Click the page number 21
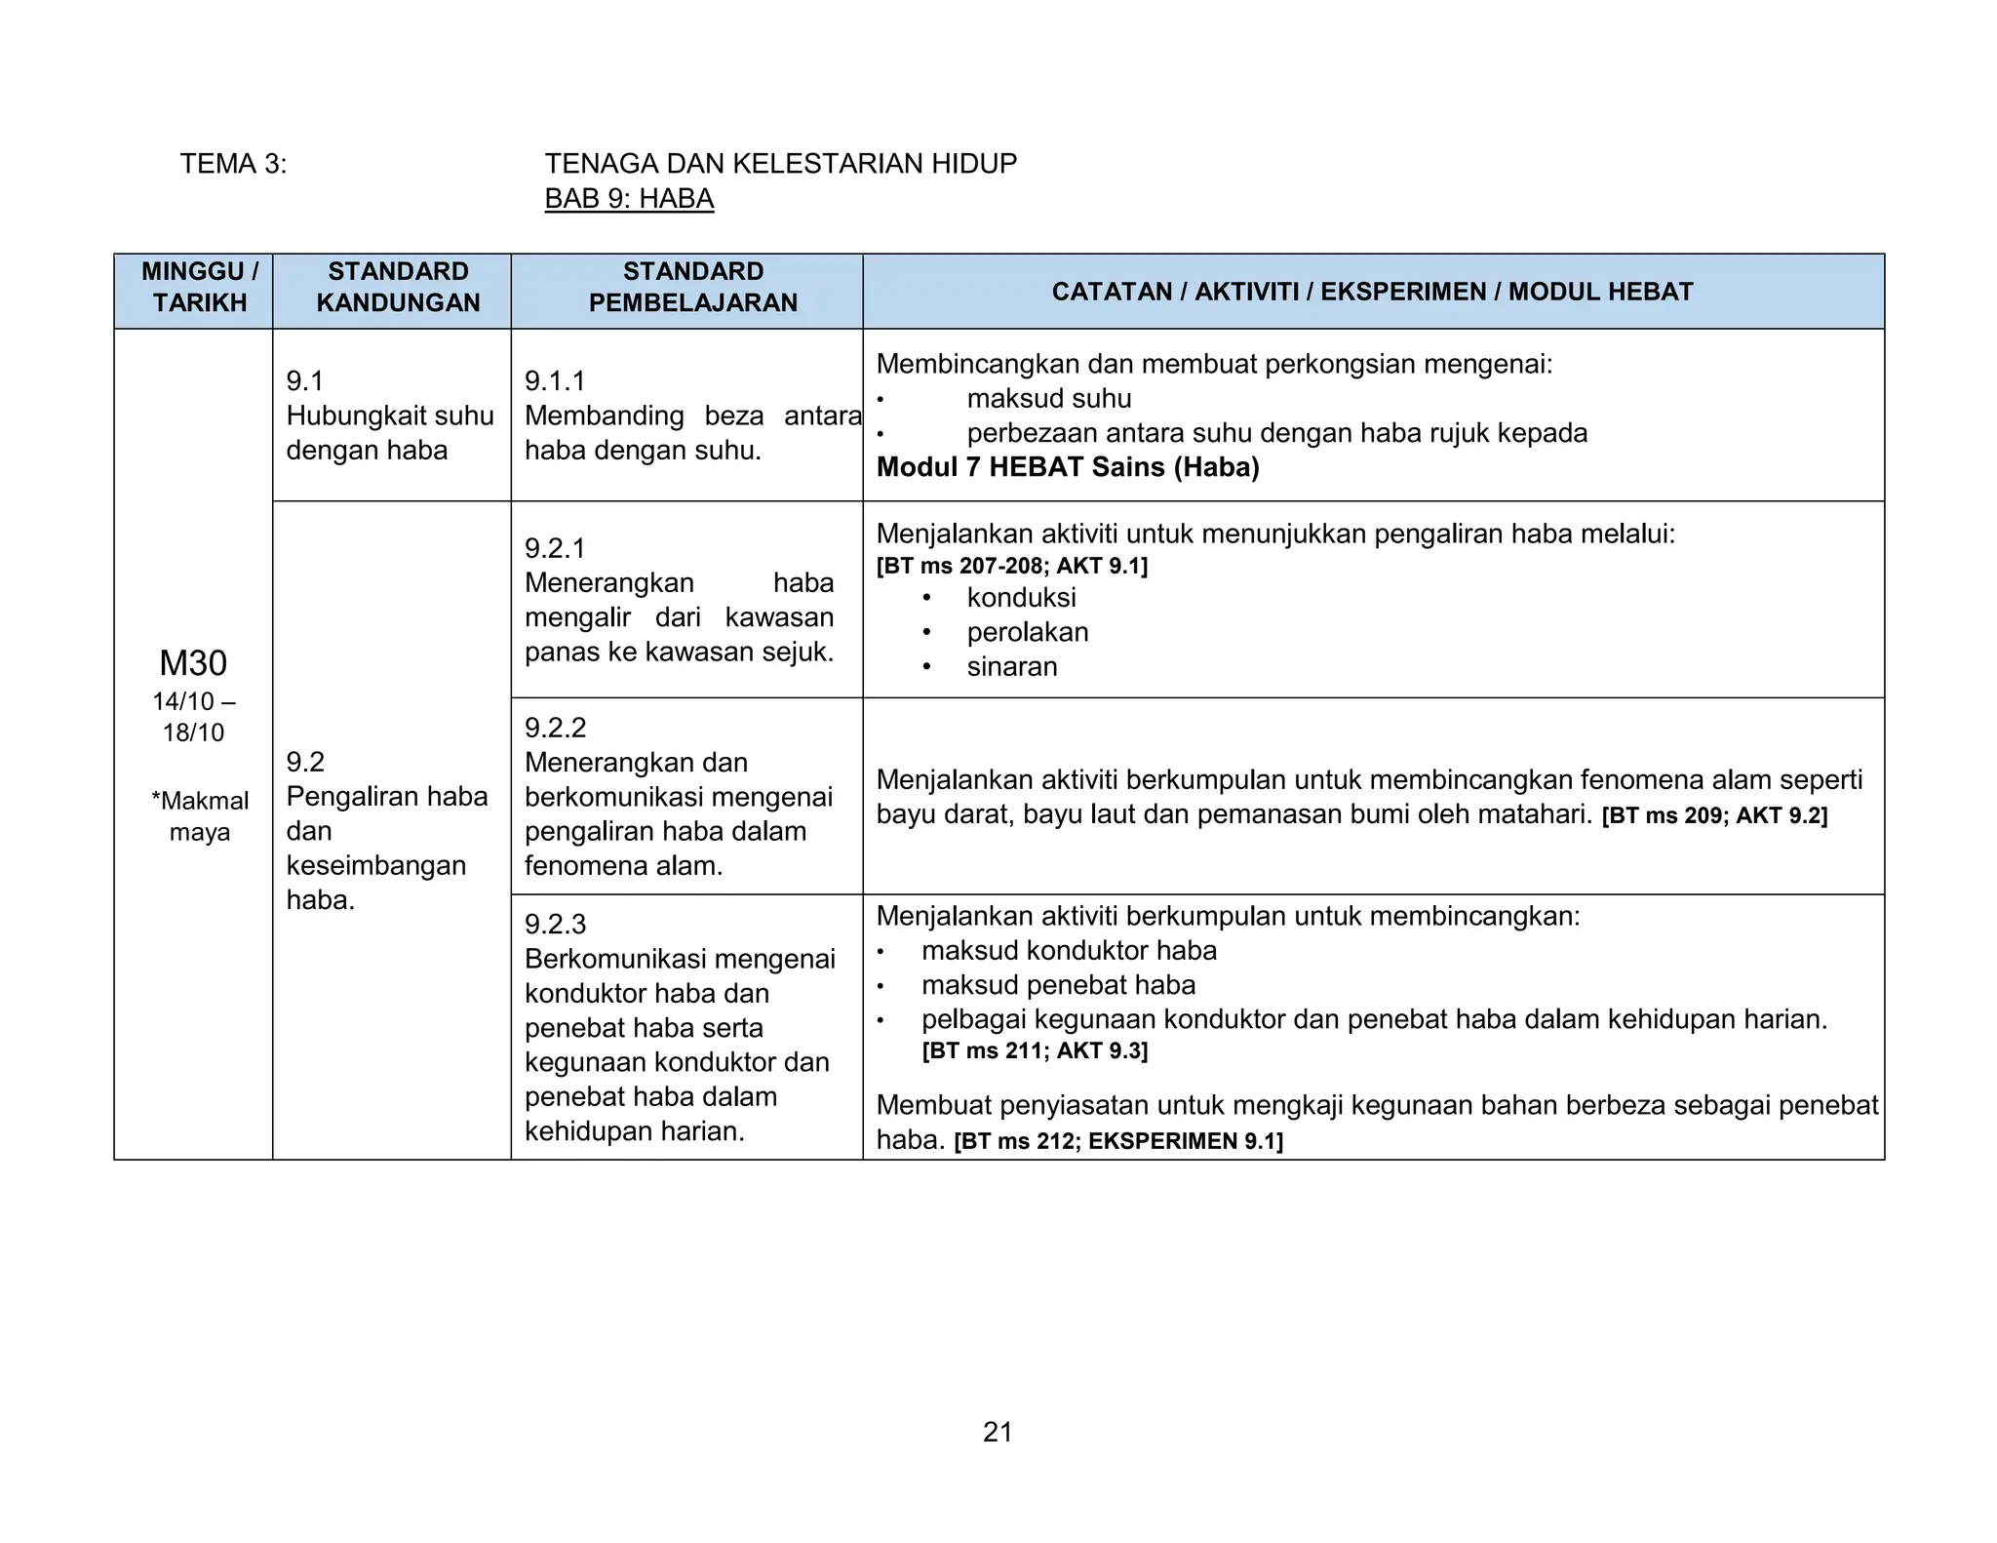coord(998,1432)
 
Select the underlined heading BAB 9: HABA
coord(629,198)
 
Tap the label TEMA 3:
coord(233,164)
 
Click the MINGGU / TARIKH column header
coord(200,287)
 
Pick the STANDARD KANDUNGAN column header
coord(398,287)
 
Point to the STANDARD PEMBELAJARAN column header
coord(692,287)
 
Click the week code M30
coord(193,663)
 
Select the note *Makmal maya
coord(200,816)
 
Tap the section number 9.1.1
coord(555,380)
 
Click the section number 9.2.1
coord(555,548)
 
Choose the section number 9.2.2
coord(555,728)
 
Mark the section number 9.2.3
coord(555,924)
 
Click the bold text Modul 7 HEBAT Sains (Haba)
coord(1068,467)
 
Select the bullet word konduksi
coord(1021,597)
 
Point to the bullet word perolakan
coord(1027,632)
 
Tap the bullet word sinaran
coord(1011,666)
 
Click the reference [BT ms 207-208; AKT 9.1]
coord(1011,566)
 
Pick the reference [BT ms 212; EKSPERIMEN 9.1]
coord(1117,1141)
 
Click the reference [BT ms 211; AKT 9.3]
coord(1035,1050)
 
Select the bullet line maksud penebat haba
coord(1058,985)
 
